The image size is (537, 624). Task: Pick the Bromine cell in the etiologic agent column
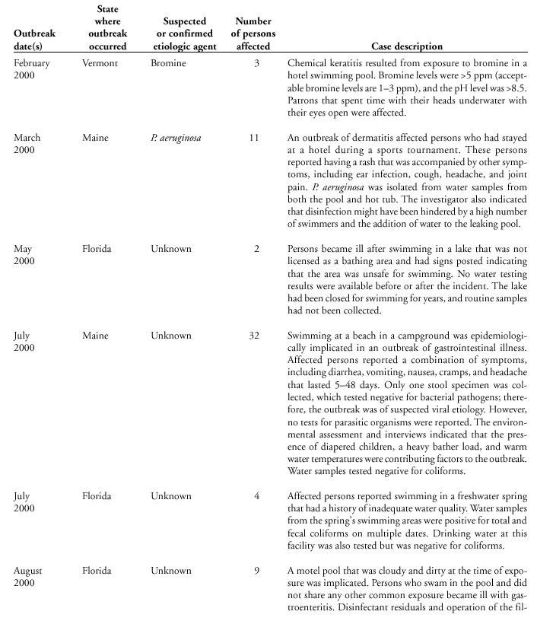click(168, 63)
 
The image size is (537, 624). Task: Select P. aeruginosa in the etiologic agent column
click(176, 138)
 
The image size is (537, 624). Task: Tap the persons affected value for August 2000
click(257, 570)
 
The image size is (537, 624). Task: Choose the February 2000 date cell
click(32, 69)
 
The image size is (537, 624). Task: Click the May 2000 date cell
click(27, 255)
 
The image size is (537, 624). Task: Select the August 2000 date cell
click(28, 576)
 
